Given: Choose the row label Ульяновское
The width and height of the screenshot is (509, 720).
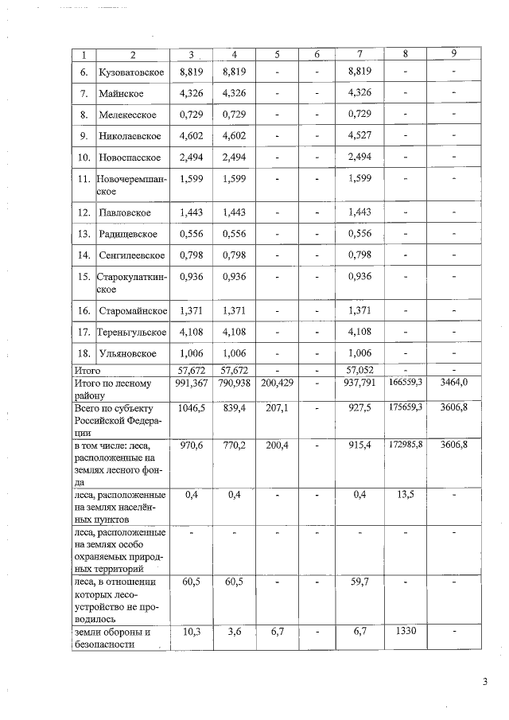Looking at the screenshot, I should point(127,353).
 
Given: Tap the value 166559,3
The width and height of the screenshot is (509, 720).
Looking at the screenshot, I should point(406,383).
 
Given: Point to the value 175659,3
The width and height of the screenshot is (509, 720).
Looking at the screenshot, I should point(406,406).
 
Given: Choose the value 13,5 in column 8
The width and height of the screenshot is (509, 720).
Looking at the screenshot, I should point(406,495).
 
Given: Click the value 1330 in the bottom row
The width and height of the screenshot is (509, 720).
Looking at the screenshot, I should point(406,632).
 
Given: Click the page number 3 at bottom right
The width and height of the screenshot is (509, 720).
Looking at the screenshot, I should point(484,681).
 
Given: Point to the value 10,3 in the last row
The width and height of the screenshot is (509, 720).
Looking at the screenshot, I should point(192,632).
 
